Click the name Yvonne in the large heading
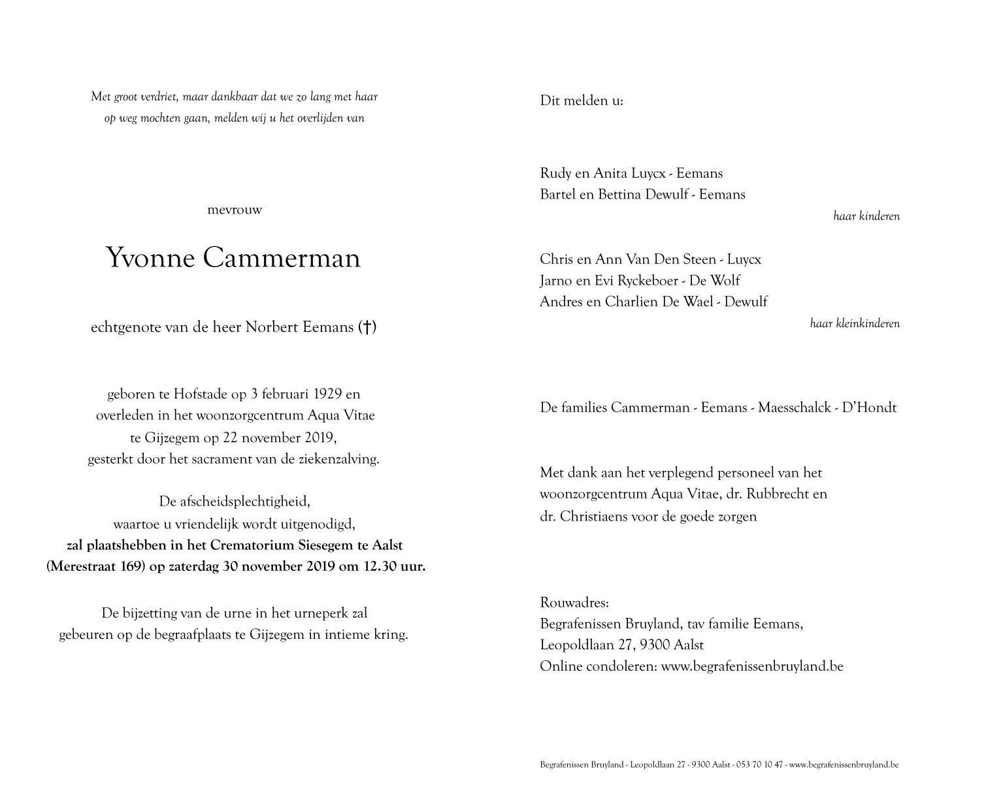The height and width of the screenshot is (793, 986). click(x=150, y=259)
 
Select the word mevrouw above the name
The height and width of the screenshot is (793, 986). click(x=234, y=210)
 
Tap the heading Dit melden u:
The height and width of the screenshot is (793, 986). click(x=581, y=101)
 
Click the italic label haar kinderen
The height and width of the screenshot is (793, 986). click(x=866, y=216)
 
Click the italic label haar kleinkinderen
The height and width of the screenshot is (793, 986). click(x=854, y=323)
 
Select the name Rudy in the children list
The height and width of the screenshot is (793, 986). click(x=555, y=173)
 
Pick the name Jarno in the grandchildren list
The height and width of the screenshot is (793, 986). click(x=557, y=280)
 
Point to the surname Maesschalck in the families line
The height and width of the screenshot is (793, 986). click(x=794, y=408)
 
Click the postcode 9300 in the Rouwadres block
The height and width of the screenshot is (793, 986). click(x=655, y=645)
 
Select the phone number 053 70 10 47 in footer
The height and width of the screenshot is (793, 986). click(x=761, y=764)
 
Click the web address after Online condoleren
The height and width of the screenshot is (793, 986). click(x=751, y=666)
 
